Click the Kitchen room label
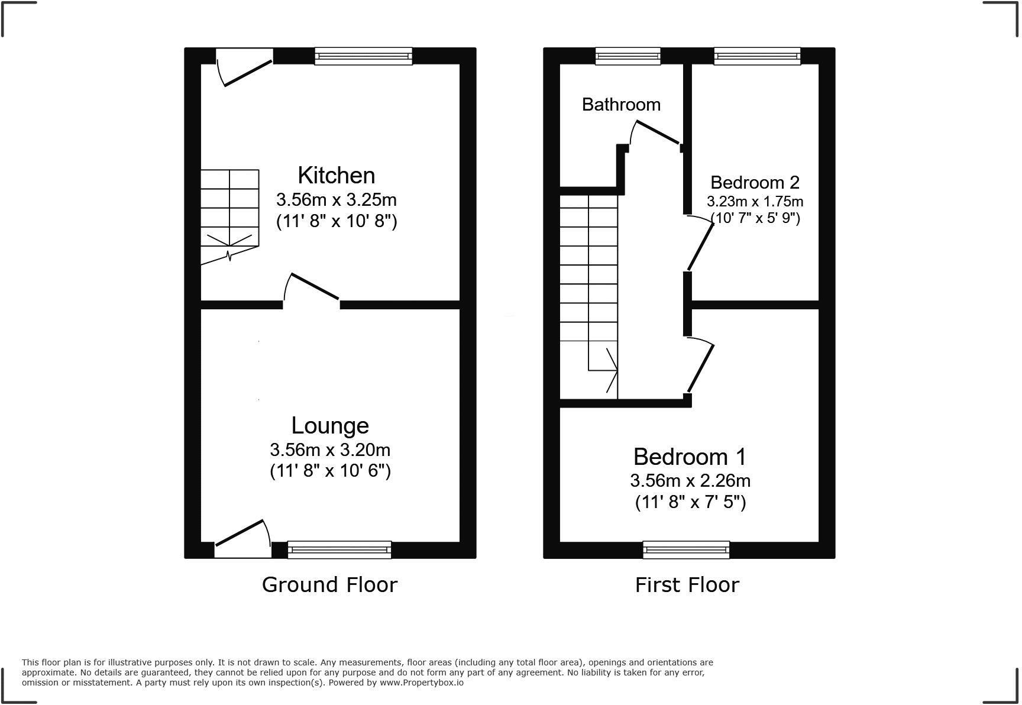pos(336,176)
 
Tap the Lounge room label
pos(330,426)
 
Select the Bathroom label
pos(621,105)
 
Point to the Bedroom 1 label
pos(690,457)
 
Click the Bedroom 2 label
pos(755,182)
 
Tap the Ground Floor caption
pos(329,585)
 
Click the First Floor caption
pos(687,585)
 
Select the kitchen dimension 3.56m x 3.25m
pos(336,199)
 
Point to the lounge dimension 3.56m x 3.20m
pos(330,450)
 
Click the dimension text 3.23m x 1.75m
pos(755,202)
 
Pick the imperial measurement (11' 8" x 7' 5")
pos(690,502)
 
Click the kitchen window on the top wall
pos(363,56)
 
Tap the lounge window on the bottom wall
pos(339,549)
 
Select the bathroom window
pos(628,56)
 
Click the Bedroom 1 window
pos(686,549)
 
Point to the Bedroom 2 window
pos(757,56)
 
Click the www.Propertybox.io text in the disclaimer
pos(421,683)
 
